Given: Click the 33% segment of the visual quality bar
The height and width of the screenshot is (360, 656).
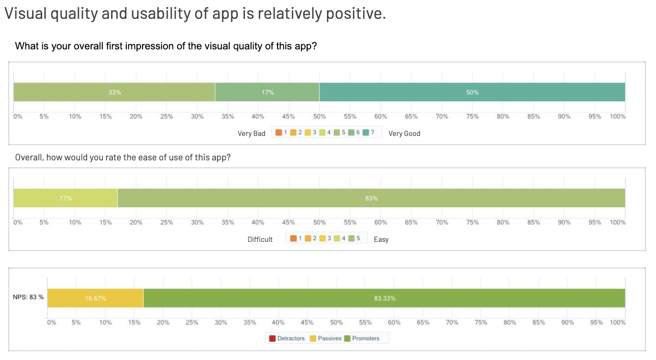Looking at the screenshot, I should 114,92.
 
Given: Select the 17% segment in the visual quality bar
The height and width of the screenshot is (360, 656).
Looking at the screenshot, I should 267,92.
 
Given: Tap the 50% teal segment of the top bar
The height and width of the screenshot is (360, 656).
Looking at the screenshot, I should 472,92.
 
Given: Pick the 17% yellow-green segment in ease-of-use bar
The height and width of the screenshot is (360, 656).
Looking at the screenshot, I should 66,198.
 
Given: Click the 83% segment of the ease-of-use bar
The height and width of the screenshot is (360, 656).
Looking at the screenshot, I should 371,198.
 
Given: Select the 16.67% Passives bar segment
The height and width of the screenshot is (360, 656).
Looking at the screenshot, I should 95,298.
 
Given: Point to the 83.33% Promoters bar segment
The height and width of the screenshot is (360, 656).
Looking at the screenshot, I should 385,298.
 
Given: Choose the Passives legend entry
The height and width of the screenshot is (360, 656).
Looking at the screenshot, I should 326,338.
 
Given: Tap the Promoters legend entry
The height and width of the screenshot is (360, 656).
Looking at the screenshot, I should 362,338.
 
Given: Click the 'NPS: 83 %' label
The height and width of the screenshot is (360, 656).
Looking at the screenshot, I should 28,297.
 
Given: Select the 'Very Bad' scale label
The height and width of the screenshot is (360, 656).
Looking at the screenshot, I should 252,133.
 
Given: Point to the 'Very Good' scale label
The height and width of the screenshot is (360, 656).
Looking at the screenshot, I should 404,133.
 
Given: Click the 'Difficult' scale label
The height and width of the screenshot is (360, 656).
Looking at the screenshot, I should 260,239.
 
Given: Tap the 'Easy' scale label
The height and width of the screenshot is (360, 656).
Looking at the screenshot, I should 381,239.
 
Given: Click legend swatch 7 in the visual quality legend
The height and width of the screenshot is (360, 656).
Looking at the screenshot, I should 366,132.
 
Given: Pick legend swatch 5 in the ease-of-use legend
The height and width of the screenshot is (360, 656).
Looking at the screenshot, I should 351,238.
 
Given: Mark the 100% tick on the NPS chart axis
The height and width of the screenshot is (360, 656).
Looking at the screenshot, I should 618,323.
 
